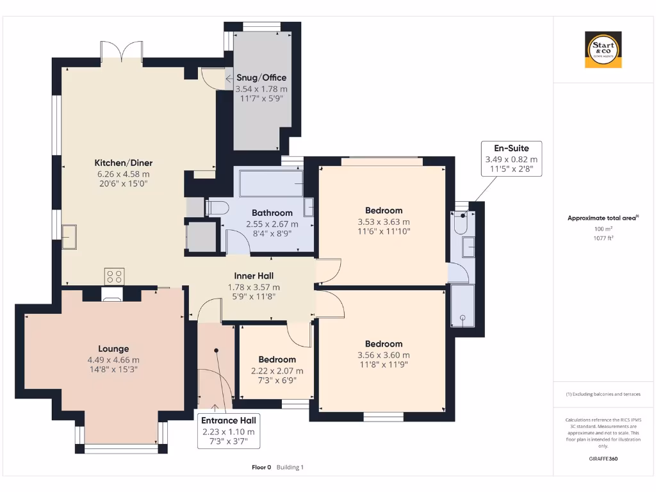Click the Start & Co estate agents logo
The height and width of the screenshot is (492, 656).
tap(603, 49)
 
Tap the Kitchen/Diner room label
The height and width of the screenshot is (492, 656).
tap(124, 163)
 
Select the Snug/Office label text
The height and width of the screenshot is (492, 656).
tap(261, 78)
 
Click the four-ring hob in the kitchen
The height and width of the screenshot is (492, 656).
tap(114, 277)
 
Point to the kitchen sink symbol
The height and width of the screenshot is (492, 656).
tap(69, 237)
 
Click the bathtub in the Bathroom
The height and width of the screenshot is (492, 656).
tap(271, 183)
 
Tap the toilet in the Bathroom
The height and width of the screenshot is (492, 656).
tap(217, 208)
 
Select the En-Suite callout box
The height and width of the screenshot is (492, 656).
tap(511, 159)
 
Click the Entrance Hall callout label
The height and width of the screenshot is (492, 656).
tap(229, 430)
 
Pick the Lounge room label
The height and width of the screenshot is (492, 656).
tap(113, 348)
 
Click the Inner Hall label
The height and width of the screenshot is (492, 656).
tap(254, 275)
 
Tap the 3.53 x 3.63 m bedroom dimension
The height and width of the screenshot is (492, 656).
tap(384, 222)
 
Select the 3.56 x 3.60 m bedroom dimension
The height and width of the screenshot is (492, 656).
tap(384, 355)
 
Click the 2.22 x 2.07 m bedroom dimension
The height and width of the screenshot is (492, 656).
tap(277, 371)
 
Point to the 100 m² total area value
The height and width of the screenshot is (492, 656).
tap(603, 229)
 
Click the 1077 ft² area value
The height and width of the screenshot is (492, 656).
tap(603, 238)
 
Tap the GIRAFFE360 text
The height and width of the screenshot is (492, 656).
tap(603, 459)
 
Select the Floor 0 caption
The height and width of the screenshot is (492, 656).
tap(261, 467)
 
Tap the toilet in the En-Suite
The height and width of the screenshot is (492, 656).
tap(461, 222)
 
